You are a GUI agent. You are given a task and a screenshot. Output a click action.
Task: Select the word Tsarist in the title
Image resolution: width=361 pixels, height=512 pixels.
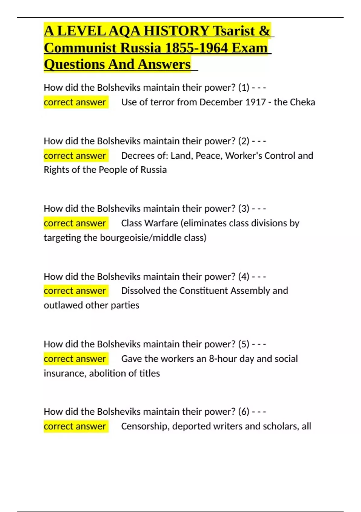(233, 31)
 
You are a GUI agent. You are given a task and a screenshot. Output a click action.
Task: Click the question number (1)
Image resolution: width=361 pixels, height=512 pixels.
(244, 88)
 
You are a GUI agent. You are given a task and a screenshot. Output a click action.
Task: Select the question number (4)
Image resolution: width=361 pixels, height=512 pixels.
(244, 276)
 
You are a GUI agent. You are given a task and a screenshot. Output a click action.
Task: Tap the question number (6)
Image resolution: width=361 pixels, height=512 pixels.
(244, 411)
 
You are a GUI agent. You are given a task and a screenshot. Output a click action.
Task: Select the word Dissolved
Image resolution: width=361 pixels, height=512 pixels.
(140, 291)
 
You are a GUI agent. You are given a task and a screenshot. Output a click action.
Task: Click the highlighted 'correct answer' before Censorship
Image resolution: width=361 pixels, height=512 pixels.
(75, 426)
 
